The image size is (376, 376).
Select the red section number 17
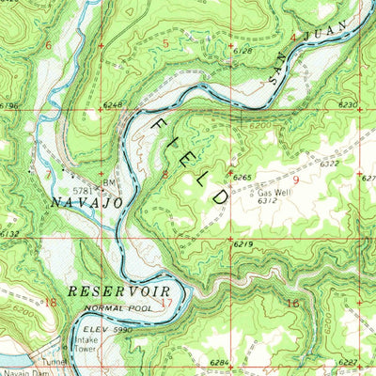click(166, 304)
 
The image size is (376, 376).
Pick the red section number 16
click(292, 303)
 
